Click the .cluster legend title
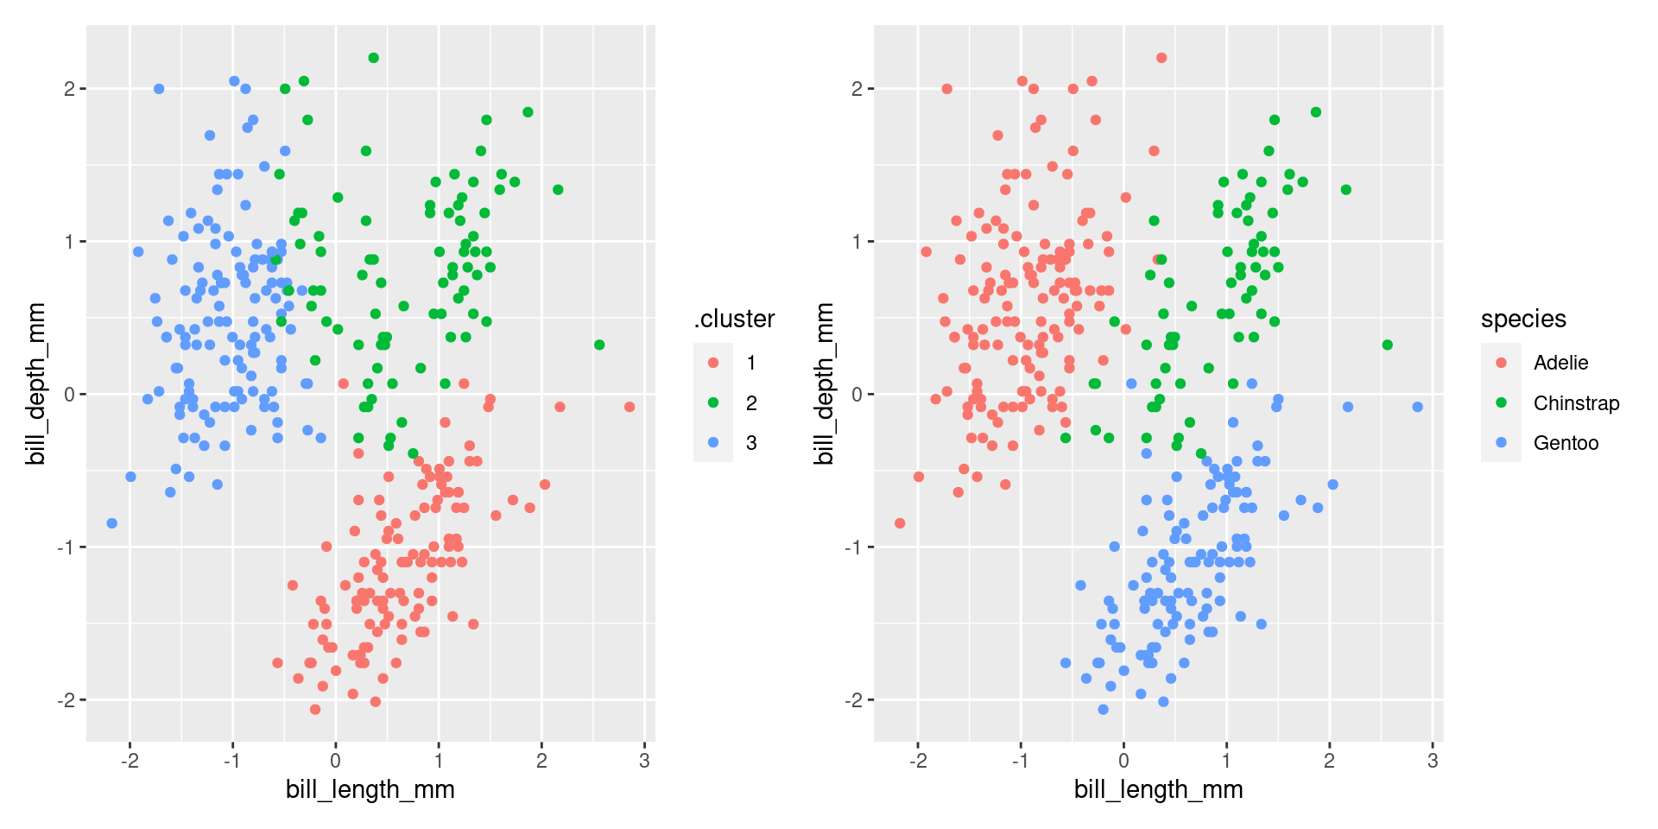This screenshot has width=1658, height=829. point(734,320)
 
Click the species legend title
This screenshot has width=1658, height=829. point(1523,320)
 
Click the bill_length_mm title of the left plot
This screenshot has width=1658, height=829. point(370,789)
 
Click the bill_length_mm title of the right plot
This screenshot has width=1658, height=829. point(1158,789)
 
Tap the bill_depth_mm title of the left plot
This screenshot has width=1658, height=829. point(36,383)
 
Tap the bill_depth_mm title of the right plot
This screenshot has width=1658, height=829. point(824,383)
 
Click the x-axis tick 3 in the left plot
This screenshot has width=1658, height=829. point(644,761)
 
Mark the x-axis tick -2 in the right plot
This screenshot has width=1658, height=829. point(918,761)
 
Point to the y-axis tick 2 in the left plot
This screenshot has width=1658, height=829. point(69,89)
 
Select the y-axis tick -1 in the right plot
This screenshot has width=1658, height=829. point(852,547)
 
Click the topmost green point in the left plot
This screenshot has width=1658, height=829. point(374,58)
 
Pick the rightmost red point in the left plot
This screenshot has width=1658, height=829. point(630,407)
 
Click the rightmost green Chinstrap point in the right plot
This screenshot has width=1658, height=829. point(1388,345)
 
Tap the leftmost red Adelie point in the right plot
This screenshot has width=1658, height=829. point(900,523)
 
